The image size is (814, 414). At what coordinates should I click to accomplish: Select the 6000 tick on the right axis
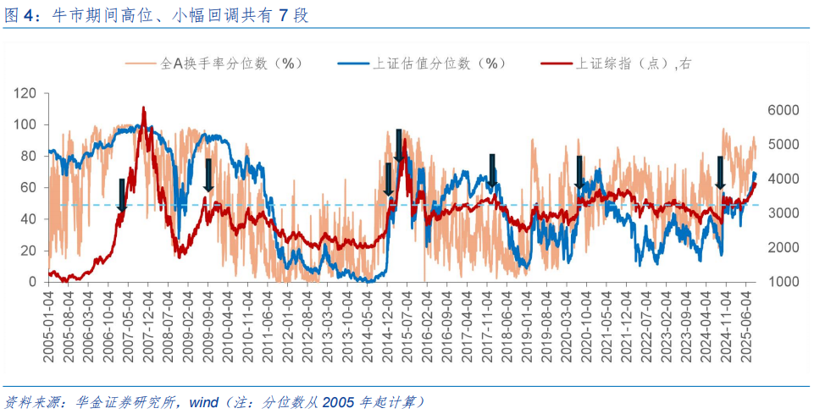[783, 110]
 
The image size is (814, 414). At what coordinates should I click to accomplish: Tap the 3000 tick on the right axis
[783, 213]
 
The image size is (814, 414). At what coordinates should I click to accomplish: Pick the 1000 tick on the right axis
[783, 282]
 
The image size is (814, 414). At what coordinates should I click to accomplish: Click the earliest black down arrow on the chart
[122, 195]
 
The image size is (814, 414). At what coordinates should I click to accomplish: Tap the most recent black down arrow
[720, 173]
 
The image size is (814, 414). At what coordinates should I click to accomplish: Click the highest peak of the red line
[143, 108]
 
